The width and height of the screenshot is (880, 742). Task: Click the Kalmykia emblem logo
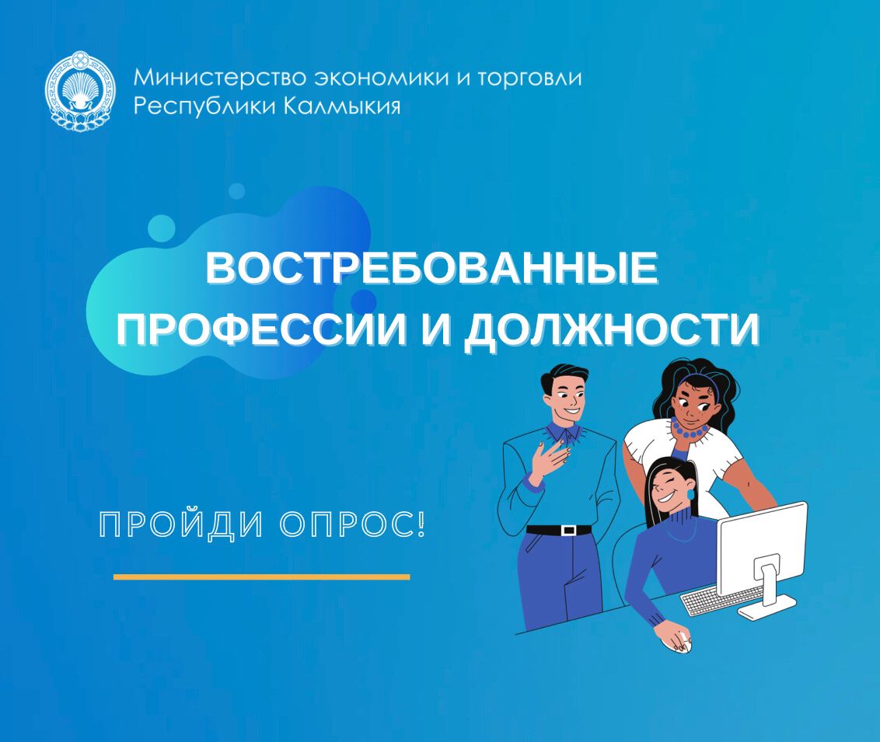coord(80,91)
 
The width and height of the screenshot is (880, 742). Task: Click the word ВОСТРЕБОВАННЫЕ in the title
coord(431,268)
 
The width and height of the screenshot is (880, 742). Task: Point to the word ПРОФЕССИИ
coord(261,329)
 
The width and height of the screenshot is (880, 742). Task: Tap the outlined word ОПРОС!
coord(352,524)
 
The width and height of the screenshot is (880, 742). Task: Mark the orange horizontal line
coord(261,577)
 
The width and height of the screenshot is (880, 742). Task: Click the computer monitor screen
coord(762,549)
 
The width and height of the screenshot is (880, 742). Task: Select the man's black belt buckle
coord(568,529)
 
